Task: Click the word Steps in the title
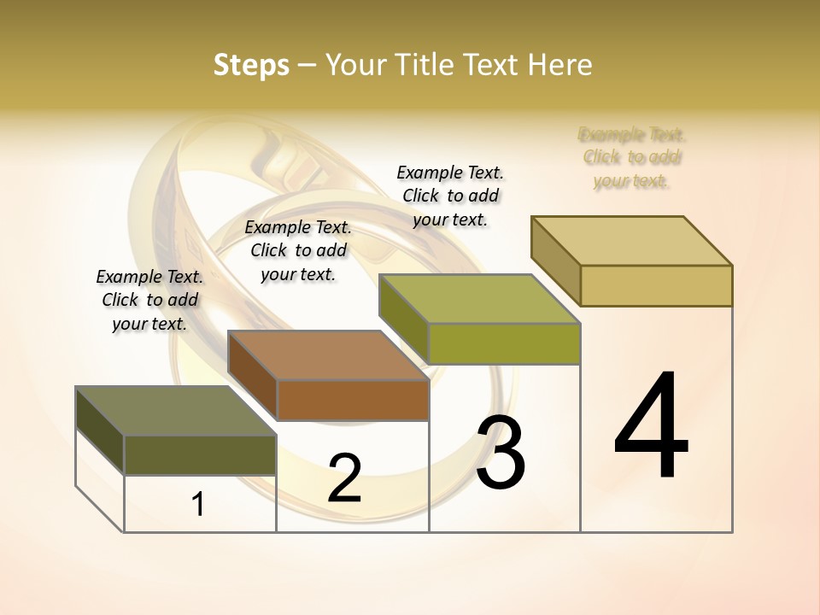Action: pyautogui.click(x=251, y=65)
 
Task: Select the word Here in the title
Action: pyautogui.click(x=560, y=65)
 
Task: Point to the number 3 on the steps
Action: pyautogui.click(x=500, y=453)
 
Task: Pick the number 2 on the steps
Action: pyautogui.click(x=344, y=478)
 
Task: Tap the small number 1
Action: pyautogui.click(x=198, y=505)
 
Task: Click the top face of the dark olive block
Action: pyautogui.click(x=175, y=411)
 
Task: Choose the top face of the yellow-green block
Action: pyautogui.click(x=479, y=299)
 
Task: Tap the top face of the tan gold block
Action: pyautogui.click(x=631, y=241)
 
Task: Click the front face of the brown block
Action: pyautogui.click(x=353, y=400)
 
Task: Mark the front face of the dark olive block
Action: pyautogui.click(x=200, y=454)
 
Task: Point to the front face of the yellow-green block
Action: pyautogui.click(x=504, y=343)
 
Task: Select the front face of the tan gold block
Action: pyautogui.click(x=656, y=285)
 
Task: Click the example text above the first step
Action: pyautogui.click(x=149, y=300)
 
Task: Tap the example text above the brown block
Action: pyautogui.click(x=298, y=250)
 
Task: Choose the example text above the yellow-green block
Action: pyautogui.click(x=450, y=196)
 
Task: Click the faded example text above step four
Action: pyautogui.click(x=631, y=157)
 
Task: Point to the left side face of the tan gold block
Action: pyautogui.click(x=555, y=261)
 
